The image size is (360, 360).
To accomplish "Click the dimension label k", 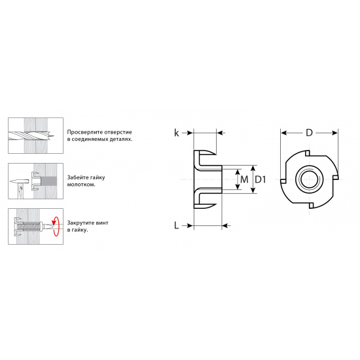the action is [176, 133].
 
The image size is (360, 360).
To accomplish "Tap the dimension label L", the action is [176, 225].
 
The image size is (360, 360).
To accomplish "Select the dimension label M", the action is [244, 179].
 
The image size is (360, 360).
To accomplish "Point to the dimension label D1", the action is [261, 179].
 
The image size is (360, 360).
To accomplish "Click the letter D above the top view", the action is [309, 133].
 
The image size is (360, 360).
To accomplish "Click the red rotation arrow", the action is [55, 226].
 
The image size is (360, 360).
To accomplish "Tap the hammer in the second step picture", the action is [20, 188].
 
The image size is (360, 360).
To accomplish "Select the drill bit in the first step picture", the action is [31, 136].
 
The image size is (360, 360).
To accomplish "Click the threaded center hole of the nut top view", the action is [309, 179].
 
